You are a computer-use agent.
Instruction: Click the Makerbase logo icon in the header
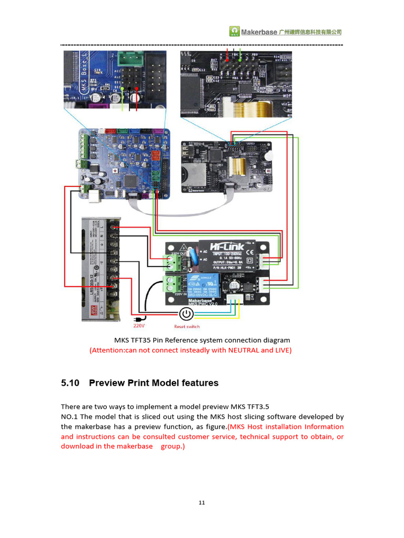[234, 32]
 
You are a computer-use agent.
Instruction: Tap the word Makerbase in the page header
[259, 32]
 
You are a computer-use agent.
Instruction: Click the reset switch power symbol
[186, 314]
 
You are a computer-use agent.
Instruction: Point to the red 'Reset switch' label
[187, 326]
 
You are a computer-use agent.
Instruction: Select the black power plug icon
[139, 318]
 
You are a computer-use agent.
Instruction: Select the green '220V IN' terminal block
[171, 285]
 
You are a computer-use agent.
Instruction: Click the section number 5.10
[70, 383]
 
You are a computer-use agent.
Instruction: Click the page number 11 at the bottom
[202, 503]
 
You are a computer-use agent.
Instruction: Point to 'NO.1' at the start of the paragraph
[69, 417]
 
